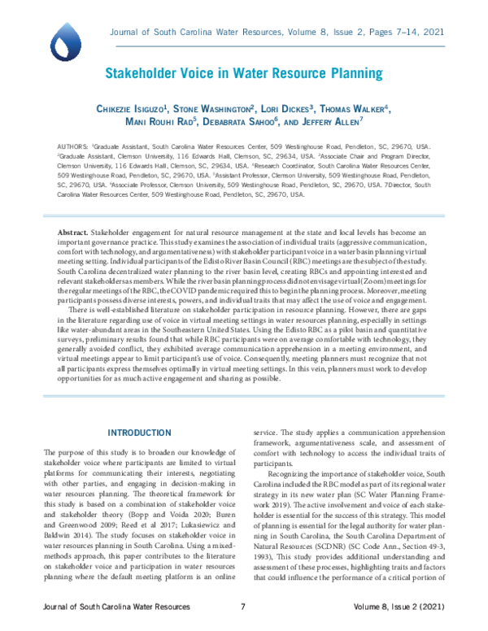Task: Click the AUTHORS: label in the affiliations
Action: tap(74, 144)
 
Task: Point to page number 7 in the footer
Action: tap(243, 607)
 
